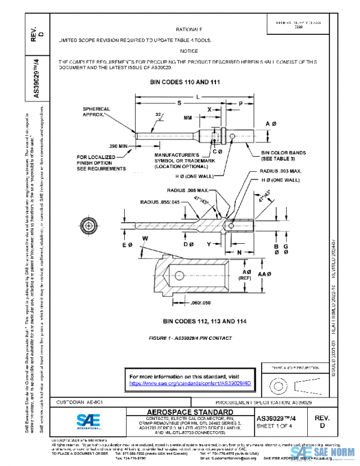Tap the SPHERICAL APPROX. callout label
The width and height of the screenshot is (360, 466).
tap(96, 111)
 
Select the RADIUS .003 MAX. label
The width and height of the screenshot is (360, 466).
tap(275, 172)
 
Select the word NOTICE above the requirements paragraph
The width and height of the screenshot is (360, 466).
tap(189, 51)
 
